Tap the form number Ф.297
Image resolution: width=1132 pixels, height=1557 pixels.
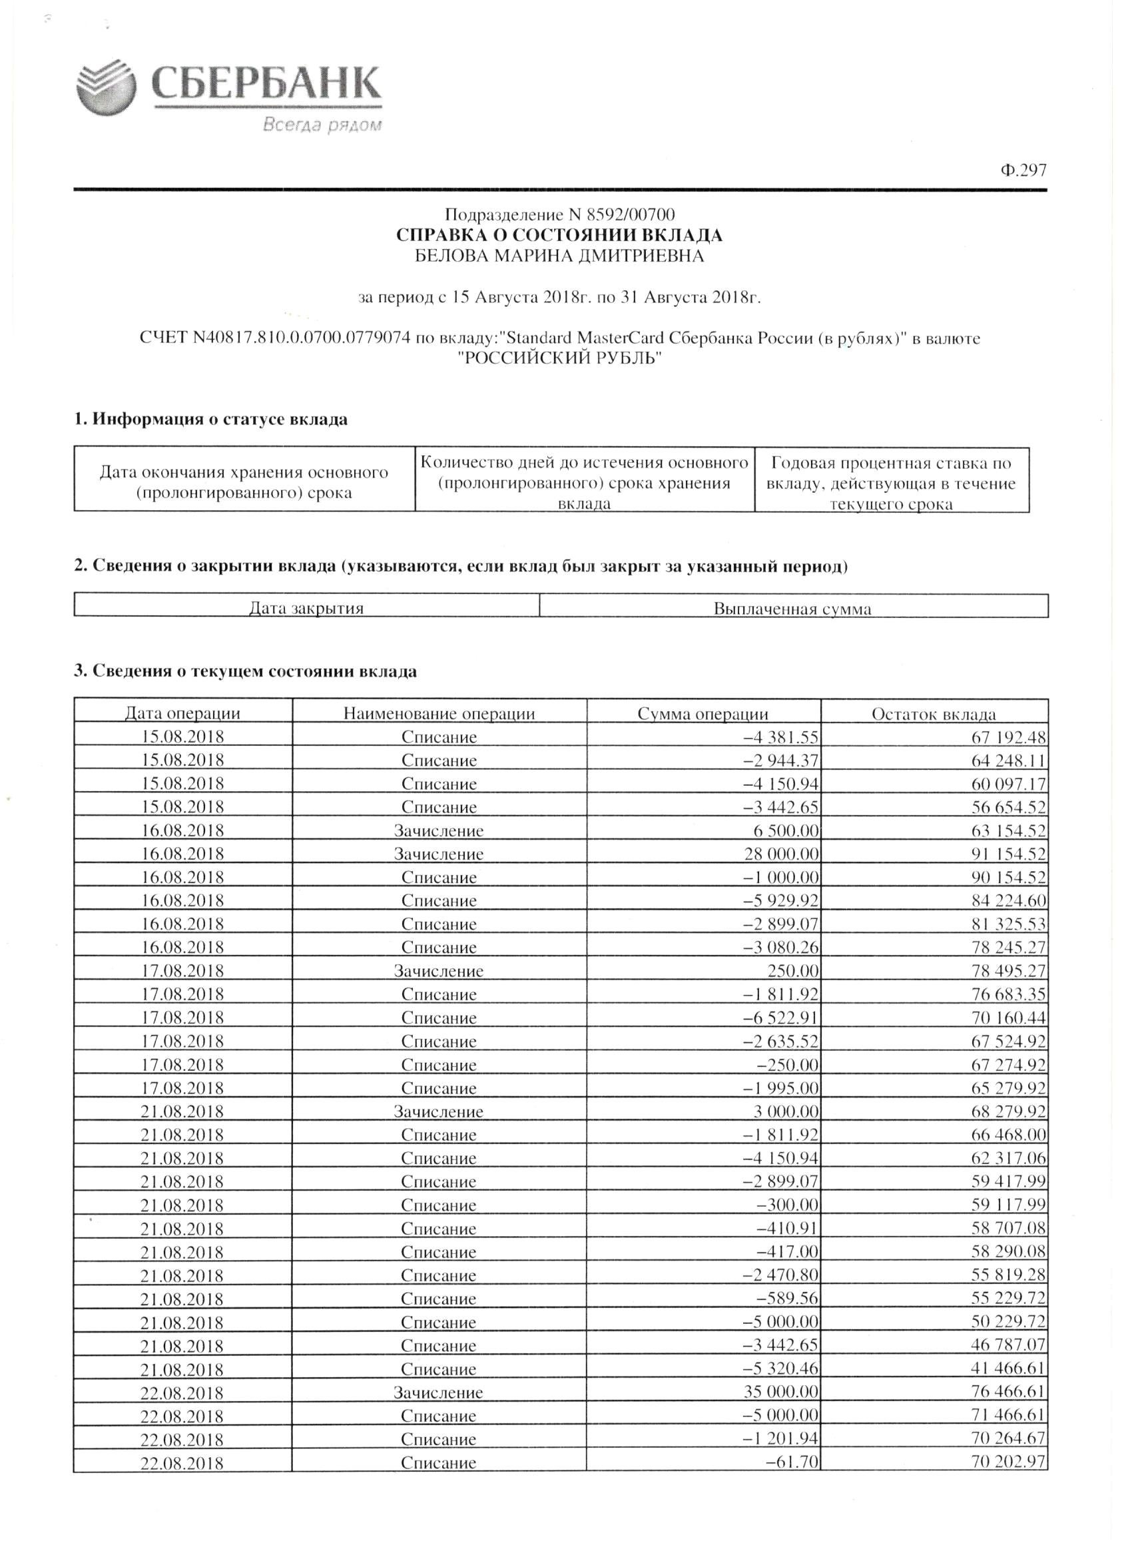[x=1023, y=170]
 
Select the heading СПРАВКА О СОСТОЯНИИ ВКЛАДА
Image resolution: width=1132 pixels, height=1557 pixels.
[x=559, y=236]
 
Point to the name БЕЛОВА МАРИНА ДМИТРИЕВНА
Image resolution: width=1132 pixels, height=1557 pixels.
[x=559, y=256]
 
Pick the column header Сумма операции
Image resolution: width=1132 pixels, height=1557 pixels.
[x=703, y=713]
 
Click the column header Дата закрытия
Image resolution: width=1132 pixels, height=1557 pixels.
[x=306, y=608]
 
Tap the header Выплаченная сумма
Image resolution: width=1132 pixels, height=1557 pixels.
[x=793, y=609]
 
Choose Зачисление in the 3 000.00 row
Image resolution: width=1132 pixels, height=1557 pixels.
[x=439, y=1111]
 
